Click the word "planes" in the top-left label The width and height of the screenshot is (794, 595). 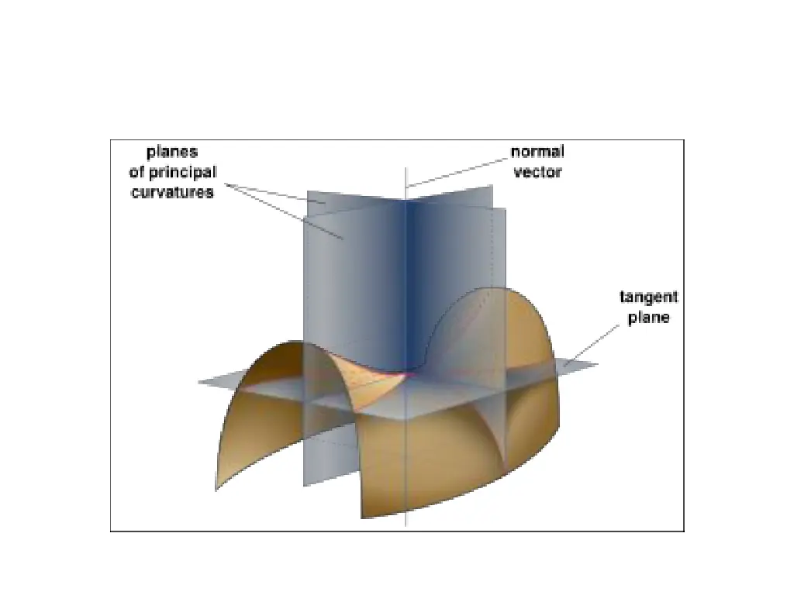point(172,153)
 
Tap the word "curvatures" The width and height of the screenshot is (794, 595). point(171,192)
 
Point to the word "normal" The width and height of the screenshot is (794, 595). point(537,152)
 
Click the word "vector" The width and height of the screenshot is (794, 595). point(537,172)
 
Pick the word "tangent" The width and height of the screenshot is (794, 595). point(649,297)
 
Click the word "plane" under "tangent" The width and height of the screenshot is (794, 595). point(649,318)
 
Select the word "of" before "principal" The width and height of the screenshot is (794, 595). point(137,172)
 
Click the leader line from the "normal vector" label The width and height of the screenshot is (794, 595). point(457,172)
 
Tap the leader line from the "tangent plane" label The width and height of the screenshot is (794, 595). point(593,345)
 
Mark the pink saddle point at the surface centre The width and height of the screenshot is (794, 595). point(406,374)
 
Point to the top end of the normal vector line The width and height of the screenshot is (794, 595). point(406,167)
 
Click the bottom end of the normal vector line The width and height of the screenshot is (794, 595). point(406,526)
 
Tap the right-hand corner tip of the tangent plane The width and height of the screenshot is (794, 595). point(597,365)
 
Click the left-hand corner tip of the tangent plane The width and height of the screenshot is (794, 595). point(199,381)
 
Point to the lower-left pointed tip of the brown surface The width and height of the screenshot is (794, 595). point(216,490)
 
